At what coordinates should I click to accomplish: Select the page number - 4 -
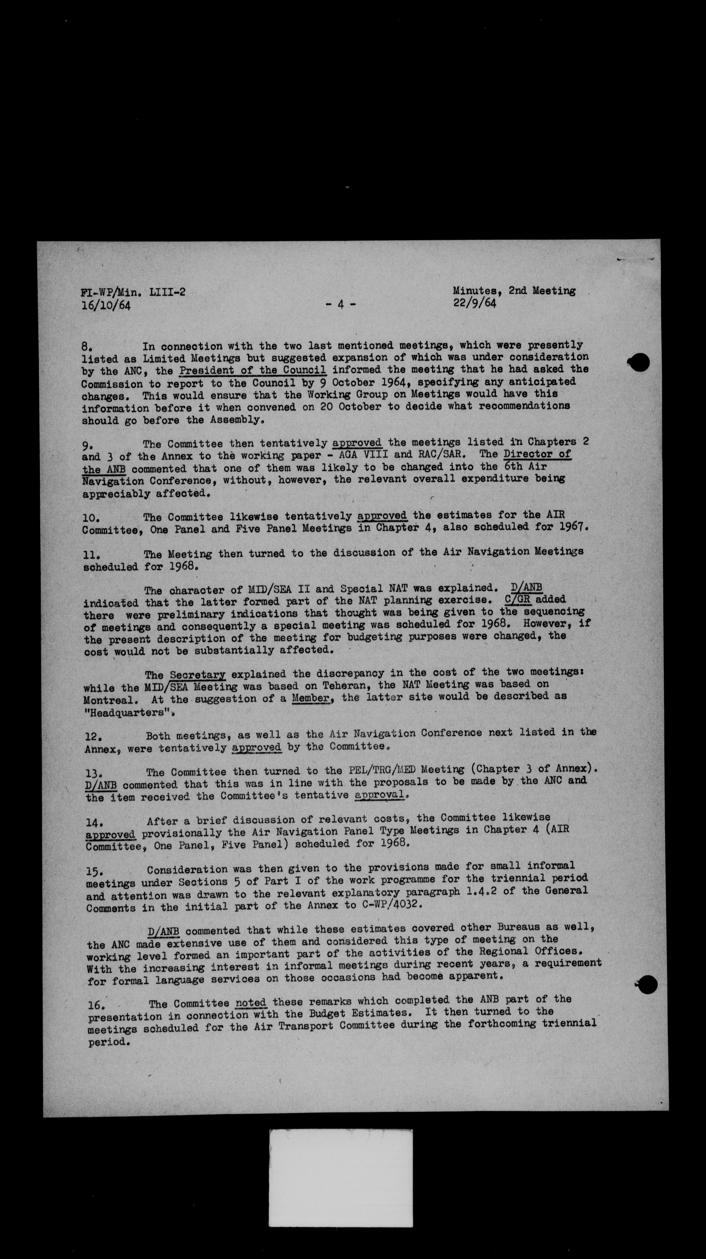341,304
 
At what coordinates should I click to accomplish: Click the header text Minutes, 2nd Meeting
514,290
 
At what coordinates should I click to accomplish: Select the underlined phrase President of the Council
253,370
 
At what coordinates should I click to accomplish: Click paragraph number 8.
86,347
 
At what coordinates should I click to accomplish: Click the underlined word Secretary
198,675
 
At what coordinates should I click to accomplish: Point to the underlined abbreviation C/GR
518,599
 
